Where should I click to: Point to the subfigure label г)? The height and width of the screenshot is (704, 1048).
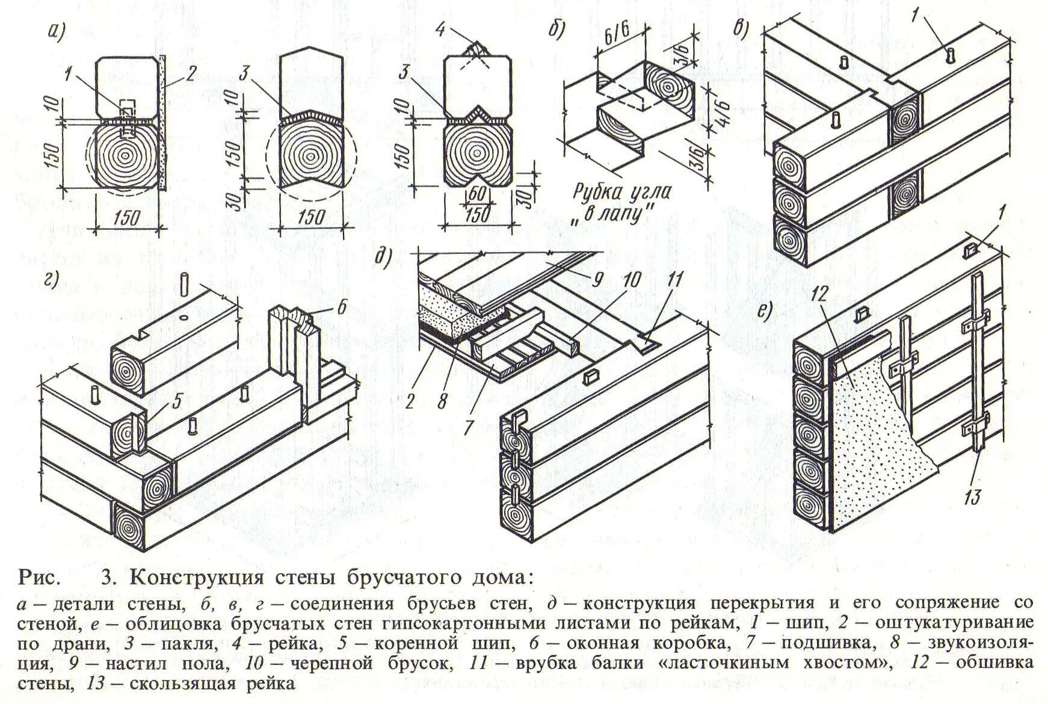pyautogui.click(x=52, y=281)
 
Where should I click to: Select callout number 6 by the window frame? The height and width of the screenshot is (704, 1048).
pyautogui.click(x=342, y=307)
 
